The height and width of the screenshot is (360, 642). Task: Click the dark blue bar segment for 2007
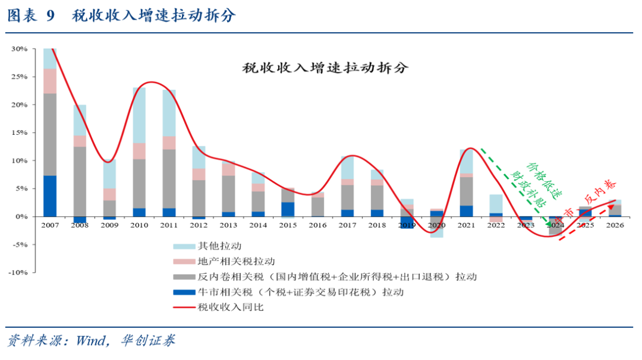(x=51, y=196)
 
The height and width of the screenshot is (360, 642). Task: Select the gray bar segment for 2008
(x=80, y=181)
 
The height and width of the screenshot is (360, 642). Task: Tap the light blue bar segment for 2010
(x=139, y=115)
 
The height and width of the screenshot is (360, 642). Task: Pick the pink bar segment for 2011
(x=169, y=143)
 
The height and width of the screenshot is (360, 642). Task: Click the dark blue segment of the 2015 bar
(x=288, y=209)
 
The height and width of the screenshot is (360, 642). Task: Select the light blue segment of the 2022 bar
(x=496, y=203)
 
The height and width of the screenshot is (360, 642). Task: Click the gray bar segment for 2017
(x=347, y=197)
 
